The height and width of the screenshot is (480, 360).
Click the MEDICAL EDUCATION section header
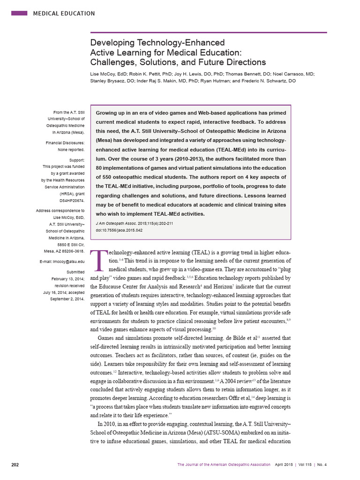tap(64, 14)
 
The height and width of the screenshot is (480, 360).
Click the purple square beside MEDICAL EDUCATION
tap(19, 13)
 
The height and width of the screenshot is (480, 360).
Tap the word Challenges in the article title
tap(113, 62)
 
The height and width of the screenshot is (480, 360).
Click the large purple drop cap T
tap(98, 261)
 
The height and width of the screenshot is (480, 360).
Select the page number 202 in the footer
tap(15, 465)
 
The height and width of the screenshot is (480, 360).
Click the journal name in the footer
tap(224, 465)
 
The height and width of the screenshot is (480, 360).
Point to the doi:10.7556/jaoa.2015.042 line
tap(119, 230)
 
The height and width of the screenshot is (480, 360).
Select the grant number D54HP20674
tap(70, 200)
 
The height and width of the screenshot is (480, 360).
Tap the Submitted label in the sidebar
tap(75, 272)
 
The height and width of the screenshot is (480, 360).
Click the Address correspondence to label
tap(60, 211)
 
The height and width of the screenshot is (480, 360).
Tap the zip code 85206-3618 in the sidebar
tap(70, 251)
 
